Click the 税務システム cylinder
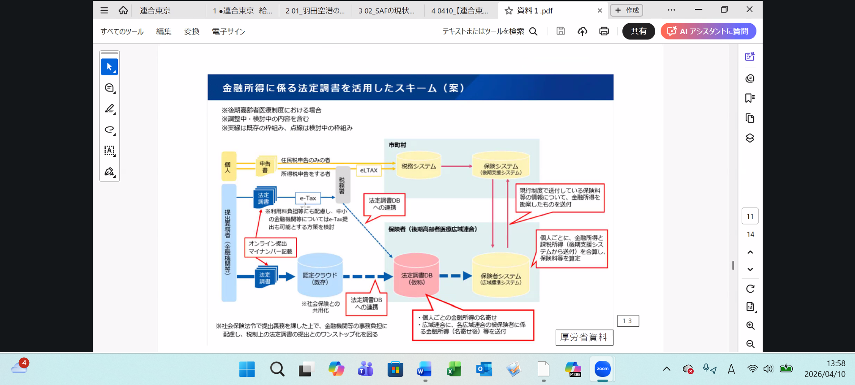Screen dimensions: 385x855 (419, 166)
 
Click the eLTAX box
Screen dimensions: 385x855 (369, 170)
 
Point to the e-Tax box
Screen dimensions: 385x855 (308, 198)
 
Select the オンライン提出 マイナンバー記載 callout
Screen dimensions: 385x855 (270, 247)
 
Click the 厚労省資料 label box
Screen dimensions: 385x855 (584, 337)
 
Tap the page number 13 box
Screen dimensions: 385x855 (627, 321)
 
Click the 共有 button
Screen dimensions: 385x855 (639, 31)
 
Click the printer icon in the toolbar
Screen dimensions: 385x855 (604, 31)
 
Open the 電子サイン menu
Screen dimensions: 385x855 (229, 32)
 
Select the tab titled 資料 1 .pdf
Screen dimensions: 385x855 (535, 10)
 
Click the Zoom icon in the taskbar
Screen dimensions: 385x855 (602, 369)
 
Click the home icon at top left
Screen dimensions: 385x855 (123, 10)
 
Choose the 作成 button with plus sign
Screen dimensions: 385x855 (627, 10)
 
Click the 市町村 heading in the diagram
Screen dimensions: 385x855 (397, 145)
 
